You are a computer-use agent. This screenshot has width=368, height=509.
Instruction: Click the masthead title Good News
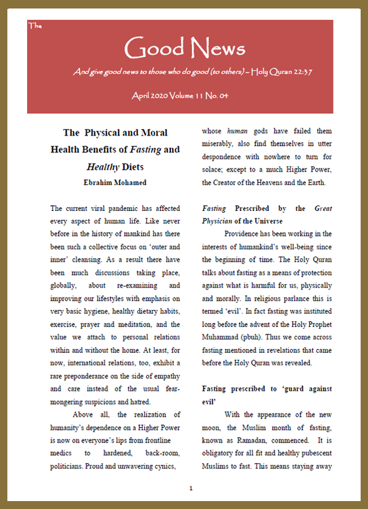tap(185, 49)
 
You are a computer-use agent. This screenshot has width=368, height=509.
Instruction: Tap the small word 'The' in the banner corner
tap(33, 25)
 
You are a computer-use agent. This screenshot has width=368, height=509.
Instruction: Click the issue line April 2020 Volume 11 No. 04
tap(180, 96)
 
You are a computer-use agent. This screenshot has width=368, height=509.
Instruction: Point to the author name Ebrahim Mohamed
tap(115, 182)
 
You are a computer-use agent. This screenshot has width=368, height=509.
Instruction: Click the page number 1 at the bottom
tap(191, 488)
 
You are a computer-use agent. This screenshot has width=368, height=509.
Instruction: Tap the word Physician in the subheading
tap(221, 221)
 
